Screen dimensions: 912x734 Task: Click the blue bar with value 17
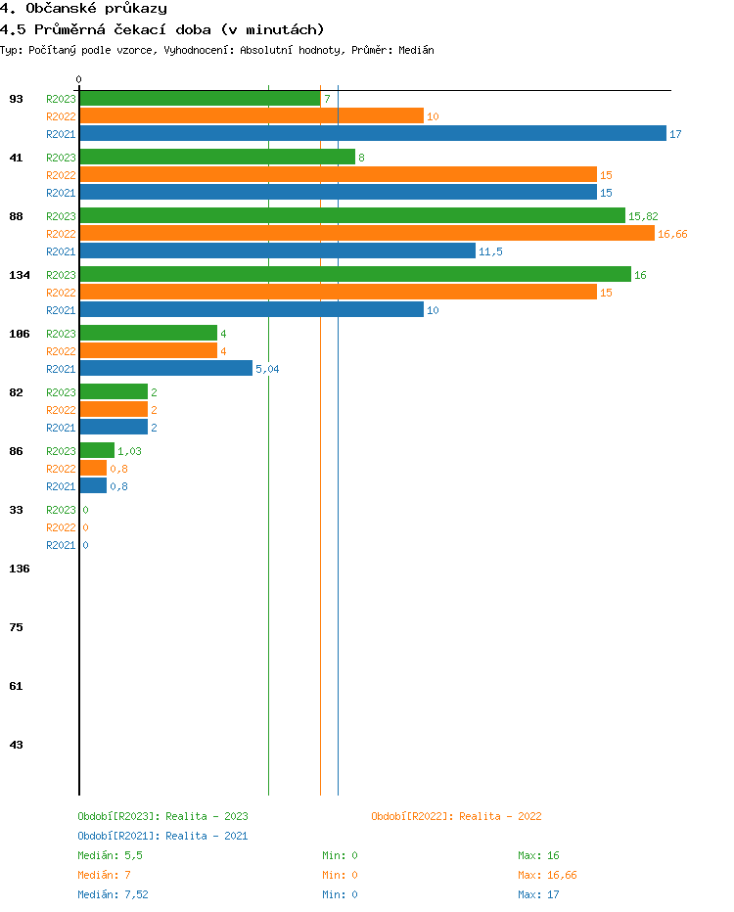(373, 134)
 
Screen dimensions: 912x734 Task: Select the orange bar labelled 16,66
(367, 234)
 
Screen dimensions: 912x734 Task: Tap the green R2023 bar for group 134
(355, 275)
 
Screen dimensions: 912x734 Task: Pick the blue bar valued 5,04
(165, 369)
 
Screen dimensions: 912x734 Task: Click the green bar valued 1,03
(97, 451)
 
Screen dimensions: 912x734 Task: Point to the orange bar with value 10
(252, 116)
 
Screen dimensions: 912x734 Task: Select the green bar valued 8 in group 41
(217, 158)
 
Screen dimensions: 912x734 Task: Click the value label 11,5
(490, 251)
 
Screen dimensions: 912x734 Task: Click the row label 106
(20, 334)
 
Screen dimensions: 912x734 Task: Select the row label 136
(20, 569)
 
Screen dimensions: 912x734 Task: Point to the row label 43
(17, 745)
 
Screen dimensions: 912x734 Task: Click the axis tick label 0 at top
(79, 79)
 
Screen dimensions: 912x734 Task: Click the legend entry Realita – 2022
(456, 816)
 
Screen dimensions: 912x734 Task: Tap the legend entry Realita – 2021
(162, 836)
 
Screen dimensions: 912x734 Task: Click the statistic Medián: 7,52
(114, 894)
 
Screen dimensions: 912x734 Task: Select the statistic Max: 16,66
(548, 875)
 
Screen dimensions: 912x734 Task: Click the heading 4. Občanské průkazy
(83, 9)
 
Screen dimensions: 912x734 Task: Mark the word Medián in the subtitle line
(416, 50)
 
